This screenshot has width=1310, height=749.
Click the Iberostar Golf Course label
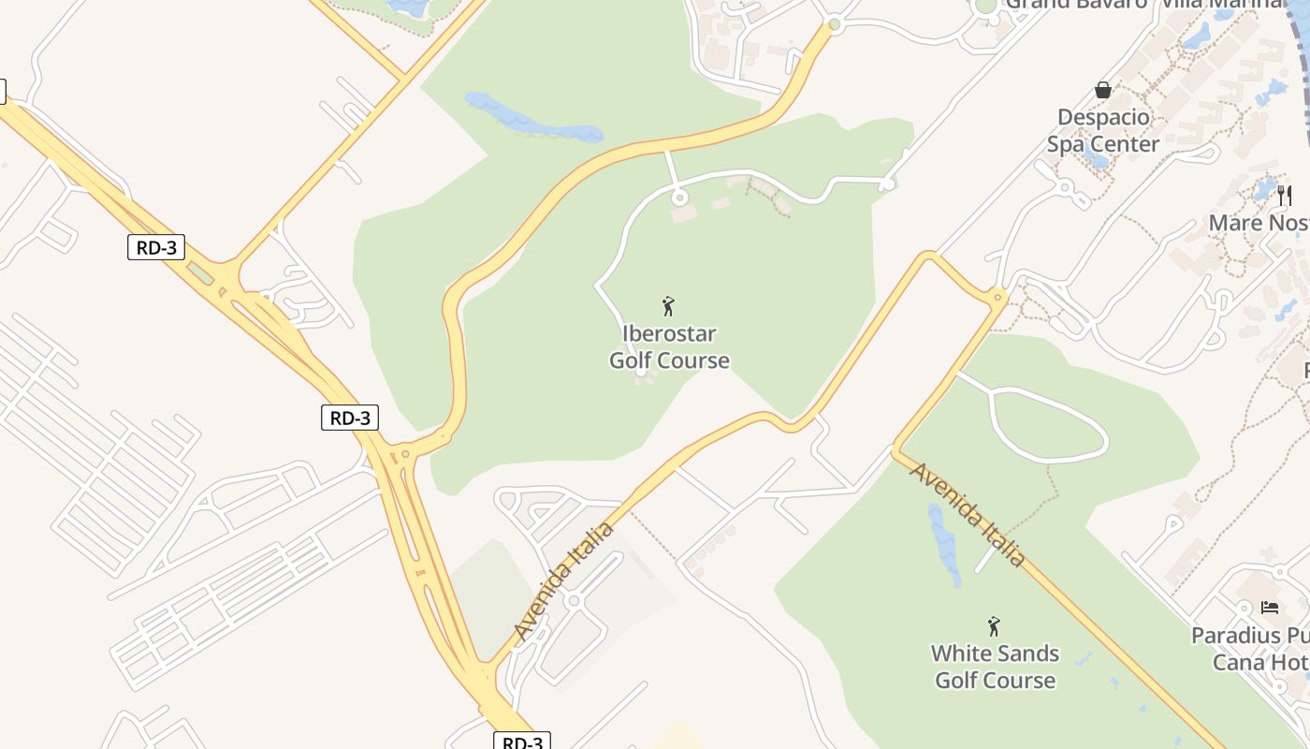[x=669, y=347]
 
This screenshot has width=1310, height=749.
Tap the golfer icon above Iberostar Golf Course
[x=668, y=306]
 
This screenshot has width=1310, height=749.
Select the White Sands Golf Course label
[x=995, y=667]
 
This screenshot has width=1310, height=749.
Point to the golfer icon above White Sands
[x=994, y=625]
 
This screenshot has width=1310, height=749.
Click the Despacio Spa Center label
[x=1103, y=131]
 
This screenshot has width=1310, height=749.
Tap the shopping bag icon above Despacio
[x=1103, y=90]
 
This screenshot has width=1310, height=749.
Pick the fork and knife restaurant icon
[x=1285, y=195]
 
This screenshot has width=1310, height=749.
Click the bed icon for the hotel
[x=1270, y=608]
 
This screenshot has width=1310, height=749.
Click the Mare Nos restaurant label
[x=1259, y=223]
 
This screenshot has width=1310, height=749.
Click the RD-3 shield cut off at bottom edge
[x=522, y=742]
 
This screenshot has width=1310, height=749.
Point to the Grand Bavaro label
[x=1076, y=4]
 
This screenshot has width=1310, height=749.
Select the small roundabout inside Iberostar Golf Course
[x=680, y=198]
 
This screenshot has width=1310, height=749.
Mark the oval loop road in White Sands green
[x=1048, y=426]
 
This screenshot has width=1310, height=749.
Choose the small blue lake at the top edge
[x=409, y=7]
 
